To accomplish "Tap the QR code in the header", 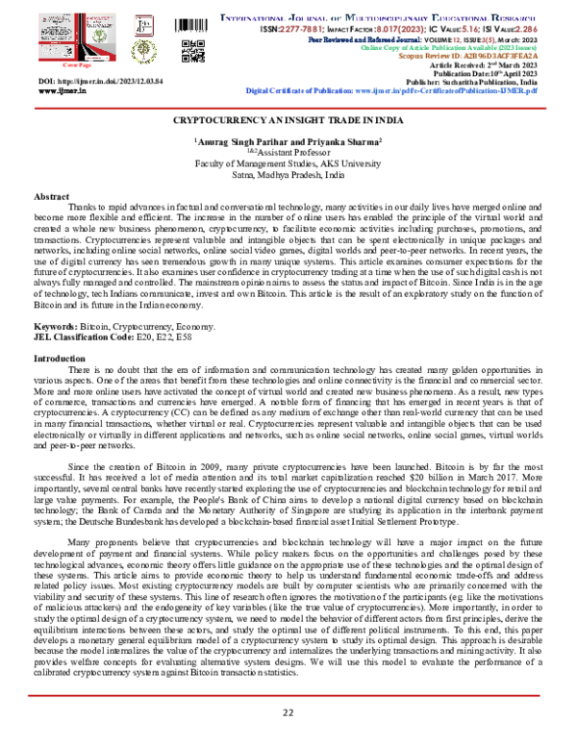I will click(193, 50).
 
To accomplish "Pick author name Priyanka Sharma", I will click(345, 141).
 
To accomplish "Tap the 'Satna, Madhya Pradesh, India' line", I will click(288, 175).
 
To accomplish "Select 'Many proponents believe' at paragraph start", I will click(119, 543).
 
